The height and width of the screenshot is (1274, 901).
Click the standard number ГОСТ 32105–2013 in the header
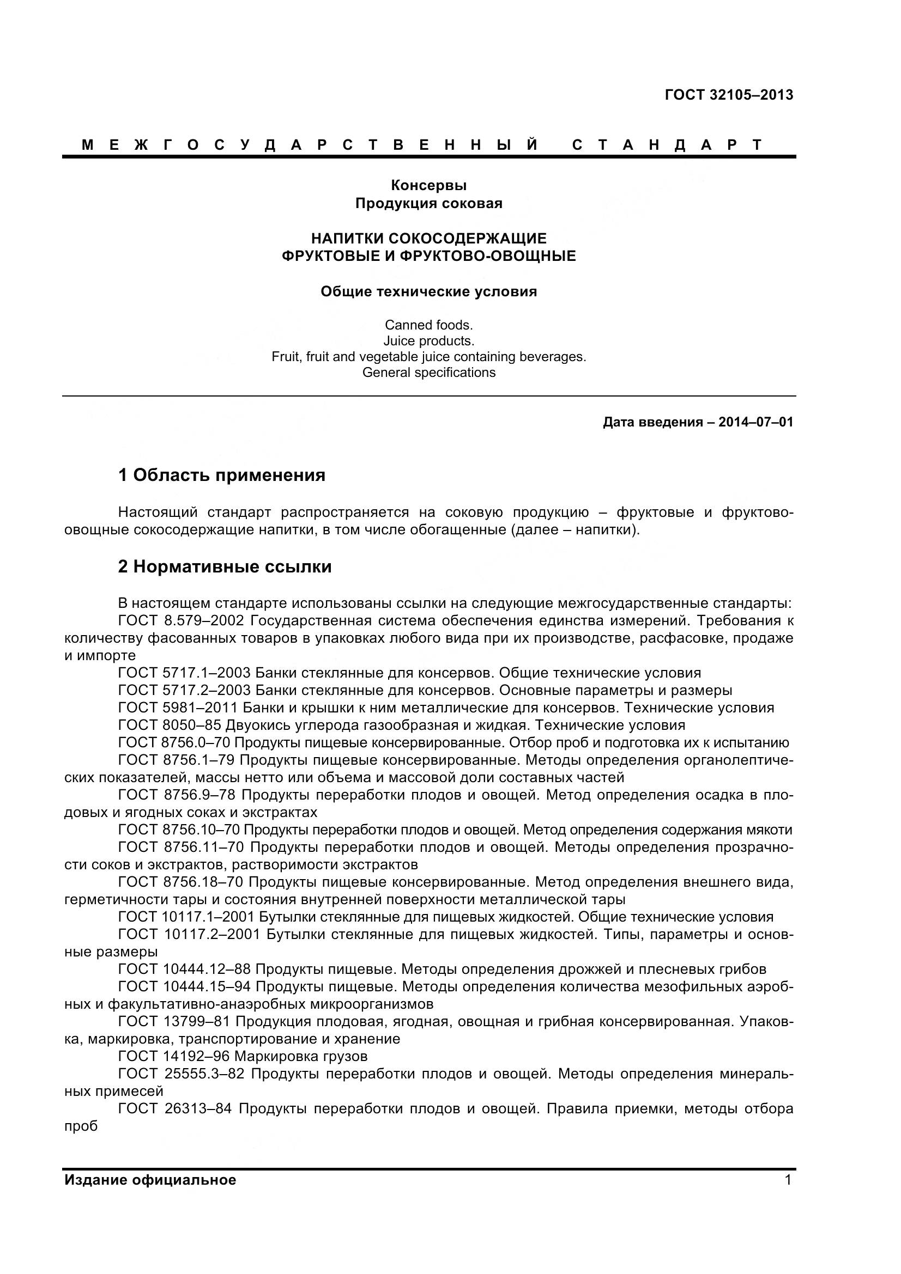click(728, 95)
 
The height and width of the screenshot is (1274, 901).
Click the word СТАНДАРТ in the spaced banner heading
click(667, 145)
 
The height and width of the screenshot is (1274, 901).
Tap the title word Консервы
click(428, 185)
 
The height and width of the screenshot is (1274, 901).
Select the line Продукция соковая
click(428, 203)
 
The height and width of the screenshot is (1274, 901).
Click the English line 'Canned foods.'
click(428, 325)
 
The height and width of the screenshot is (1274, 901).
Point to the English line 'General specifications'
click(428, 373)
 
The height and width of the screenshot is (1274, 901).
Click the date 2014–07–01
click(755, 422)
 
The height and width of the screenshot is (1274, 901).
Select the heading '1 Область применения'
click(221, 475)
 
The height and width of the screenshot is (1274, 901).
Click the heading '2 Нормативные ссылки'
click(224, 566)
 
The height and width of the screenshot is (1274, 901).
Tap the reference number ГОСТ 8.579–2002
click(181, 620)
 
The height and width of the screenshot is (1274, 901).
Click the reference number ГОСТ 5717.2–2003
click(184, 690)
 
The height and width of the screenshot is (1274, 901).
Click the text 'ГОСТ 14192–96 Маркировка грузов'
click(243, 1056)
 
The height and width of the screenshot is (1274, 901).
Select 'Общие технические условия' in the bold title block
click(428, 291)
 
